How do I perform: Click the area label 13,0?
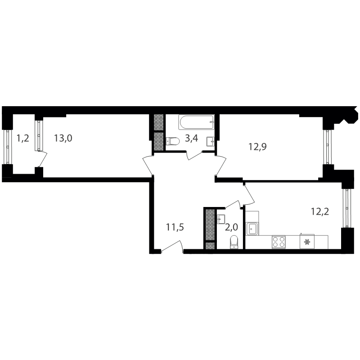[63, 139]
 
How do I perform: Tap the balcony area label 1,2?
[23, 139]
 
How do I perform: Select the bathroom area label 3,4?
[192, 139]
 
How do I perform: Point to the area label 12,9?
[257, 147]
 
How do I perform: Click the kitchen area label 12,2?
[320, 211]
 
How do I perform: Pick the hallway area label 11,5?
[175, 227]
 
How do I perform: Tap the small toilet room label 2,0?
[231, 227]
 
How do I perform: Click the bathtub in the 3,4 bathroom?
[196, 122]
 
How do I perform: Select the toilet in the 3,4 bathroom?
[172, 141]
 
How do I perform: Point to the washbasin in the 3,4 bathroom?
[211, 141]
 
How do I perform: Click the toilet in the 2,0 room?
[234, 242]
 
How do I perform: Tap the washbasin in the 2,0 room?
[221, 219]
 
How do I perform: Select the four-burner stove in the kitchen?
[279, 242]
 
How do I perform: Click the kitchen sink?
[252, 229]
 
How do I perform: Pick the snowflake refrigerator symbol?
[307, 242]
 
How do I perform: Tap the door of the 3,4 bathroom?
[195, 155]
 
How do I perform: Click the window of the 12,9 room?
[328, 147]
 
